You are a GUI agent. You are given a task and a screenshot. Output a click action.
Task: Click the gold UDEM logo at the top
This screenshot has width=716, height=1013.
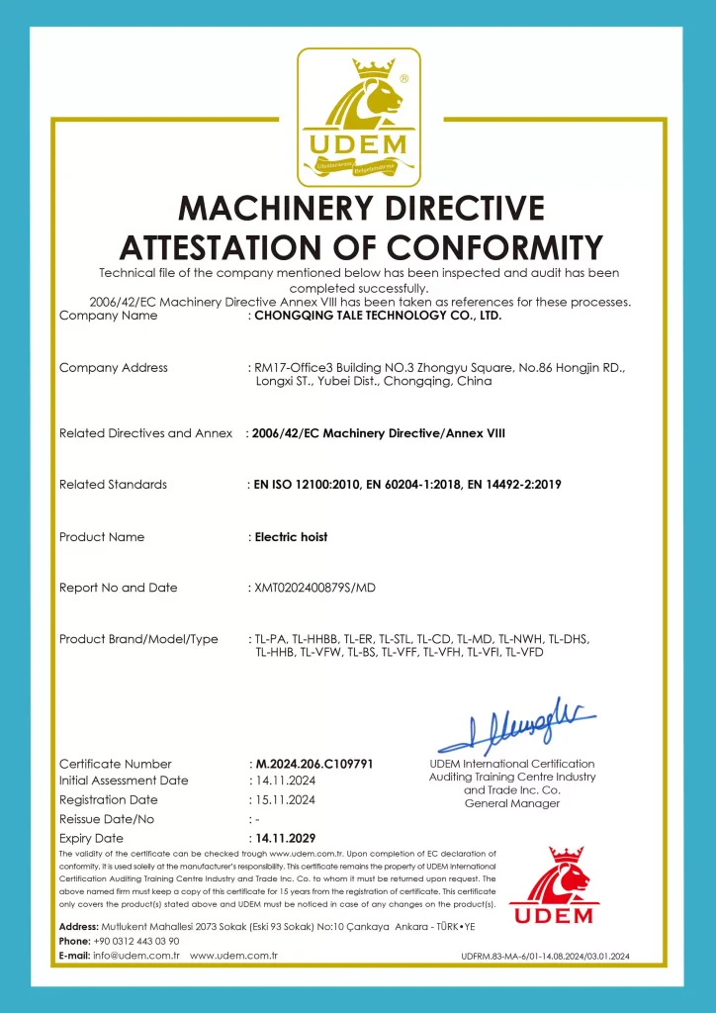pyautogui.click(x=359, y=117)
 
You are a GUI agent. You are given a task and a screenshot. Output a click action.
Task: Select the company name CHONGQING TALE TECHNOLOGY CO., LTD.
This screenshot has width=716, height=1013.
pyautogui.click(x=378, y=317)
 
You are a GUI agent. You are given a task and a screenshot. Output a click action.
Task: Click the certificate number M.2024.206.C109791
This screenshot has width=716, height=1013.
pyautogui.click(x=313, y=764)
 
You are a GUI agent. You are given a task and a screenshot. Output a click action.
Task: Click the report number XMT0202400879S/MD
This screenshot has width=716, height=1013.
pyautogui.click(x=314, y=589)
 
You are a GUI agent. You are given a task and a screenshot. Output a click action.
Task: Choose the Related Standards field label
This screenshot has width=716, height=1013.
pyautogui.click(x=113, y=485)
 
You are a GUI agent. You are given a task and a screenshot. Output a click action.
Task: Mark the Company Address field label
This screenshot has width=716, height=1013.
pyautogui.click(x=114, y=368)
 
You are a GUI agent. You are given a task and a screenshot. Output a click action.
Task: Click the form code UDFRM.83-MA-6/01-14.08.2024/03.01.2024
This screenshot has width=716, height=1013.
pyautogui.click(x=545, y=957)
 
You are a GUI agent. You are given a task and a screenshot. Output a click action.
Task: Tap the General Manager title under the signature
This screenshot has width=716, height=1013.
pyautogui.click(x=511, y=803)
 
